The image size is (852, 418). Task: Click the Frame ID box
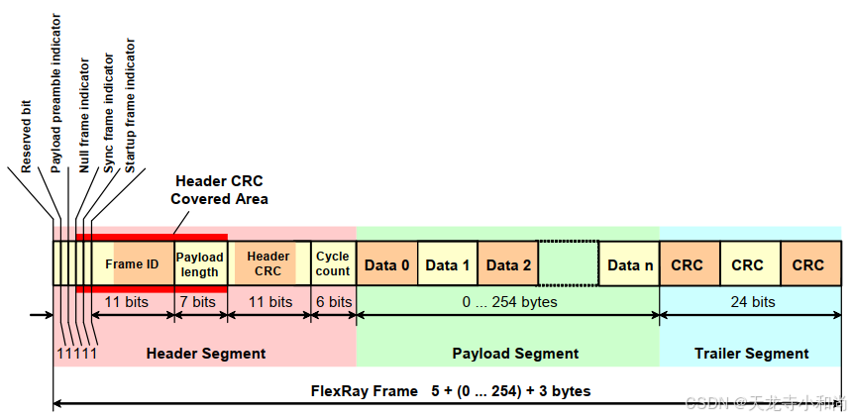(132, 264)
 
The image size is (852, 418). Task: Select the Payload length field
(200, 264)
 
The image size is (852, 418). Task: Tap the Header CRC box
(268, 264)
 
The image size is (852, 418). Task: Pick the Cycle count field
(333, 264)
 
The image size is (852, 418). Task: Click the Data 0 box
(386, 264)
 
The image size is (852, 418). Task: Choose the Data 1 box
(448, 264)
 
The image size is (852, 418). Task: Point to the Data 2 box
(508, 264)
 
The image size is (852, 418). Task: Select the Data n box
(630, 264)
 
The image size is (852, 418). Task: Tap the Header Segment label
(206, 354)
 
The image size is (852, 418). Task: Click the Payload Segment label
(515, 354)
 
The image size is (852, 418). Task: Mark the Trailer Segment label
(751, 354)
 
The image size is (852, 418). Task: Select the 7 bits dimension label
(197, 301)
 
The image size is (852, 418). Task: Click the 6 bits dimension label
(333, 301)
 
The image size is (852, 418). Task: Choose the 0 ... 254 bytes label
(509, 301)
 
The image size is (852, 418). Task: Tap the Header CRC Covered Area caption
(219, 190)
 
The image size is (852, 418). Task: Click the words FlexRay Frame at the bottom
(365, 391)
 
